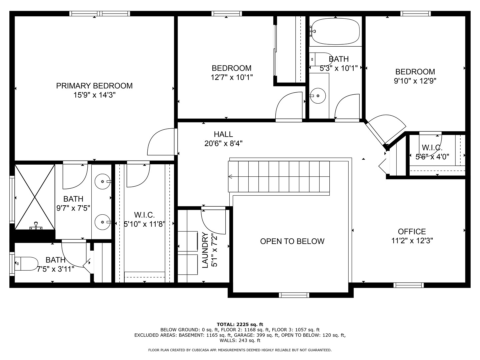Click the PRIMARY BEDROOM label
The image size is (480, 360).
point(94,86)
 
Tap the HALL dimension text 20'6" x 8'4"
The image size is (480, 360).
point(223,144)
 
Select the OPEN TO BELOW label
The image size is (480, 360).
point(292,241)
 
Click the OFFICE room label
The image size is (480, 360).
point(412,231)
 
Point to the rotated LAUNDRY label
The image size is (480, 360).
point(205,250)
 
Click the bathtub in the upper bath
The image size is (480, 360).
point(335,31)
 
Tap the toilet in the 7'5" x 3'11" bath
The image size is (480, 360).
point(26,264)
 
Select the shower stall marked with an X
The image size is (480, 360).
point(35,197)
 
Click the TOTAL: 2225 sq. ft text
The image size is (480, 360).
point(240,324)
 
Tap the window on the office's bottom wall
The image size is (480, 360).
point(408,285)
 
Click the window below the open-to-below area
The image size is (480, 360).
point(294,295)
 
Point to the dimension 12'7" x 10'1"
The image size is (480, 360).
point(232,77)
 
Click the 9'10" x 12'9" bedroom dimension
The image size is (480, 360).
point(415,81)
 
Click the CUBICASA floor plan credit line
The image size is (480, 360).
point(240,350)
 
